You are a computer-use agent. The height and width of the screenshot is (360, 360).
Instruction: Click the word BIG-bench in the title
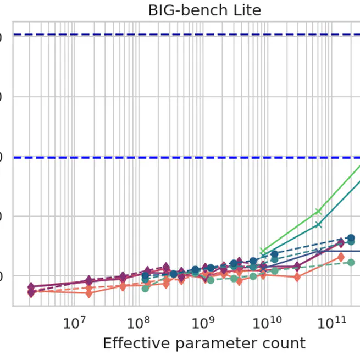(181, 10)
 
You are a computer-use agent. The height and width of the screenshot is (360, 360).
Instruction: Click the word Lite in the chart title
(246, 10)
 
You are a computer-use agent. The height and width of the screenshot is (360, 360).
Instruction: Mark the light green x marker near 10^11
(318, 212)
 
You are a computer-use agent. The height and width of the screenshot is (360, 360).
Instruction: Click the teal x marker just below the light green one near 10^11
(318, 224)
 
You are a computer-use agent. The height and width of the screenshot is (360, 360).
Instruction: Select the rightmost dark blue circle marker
(351, 238)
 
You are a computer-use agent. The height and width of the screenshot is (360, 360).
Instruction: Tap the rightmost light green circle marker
(351, 263)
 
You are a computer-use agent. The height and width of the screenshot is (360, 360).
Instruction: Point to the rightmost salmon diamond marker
(341, 257)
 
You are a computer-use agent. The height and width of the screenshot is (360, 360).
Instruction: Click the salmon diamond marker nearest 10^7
(89, 293)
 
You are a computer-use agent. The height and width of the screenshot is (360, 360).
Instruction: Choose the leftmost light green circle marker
(145, 288)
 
